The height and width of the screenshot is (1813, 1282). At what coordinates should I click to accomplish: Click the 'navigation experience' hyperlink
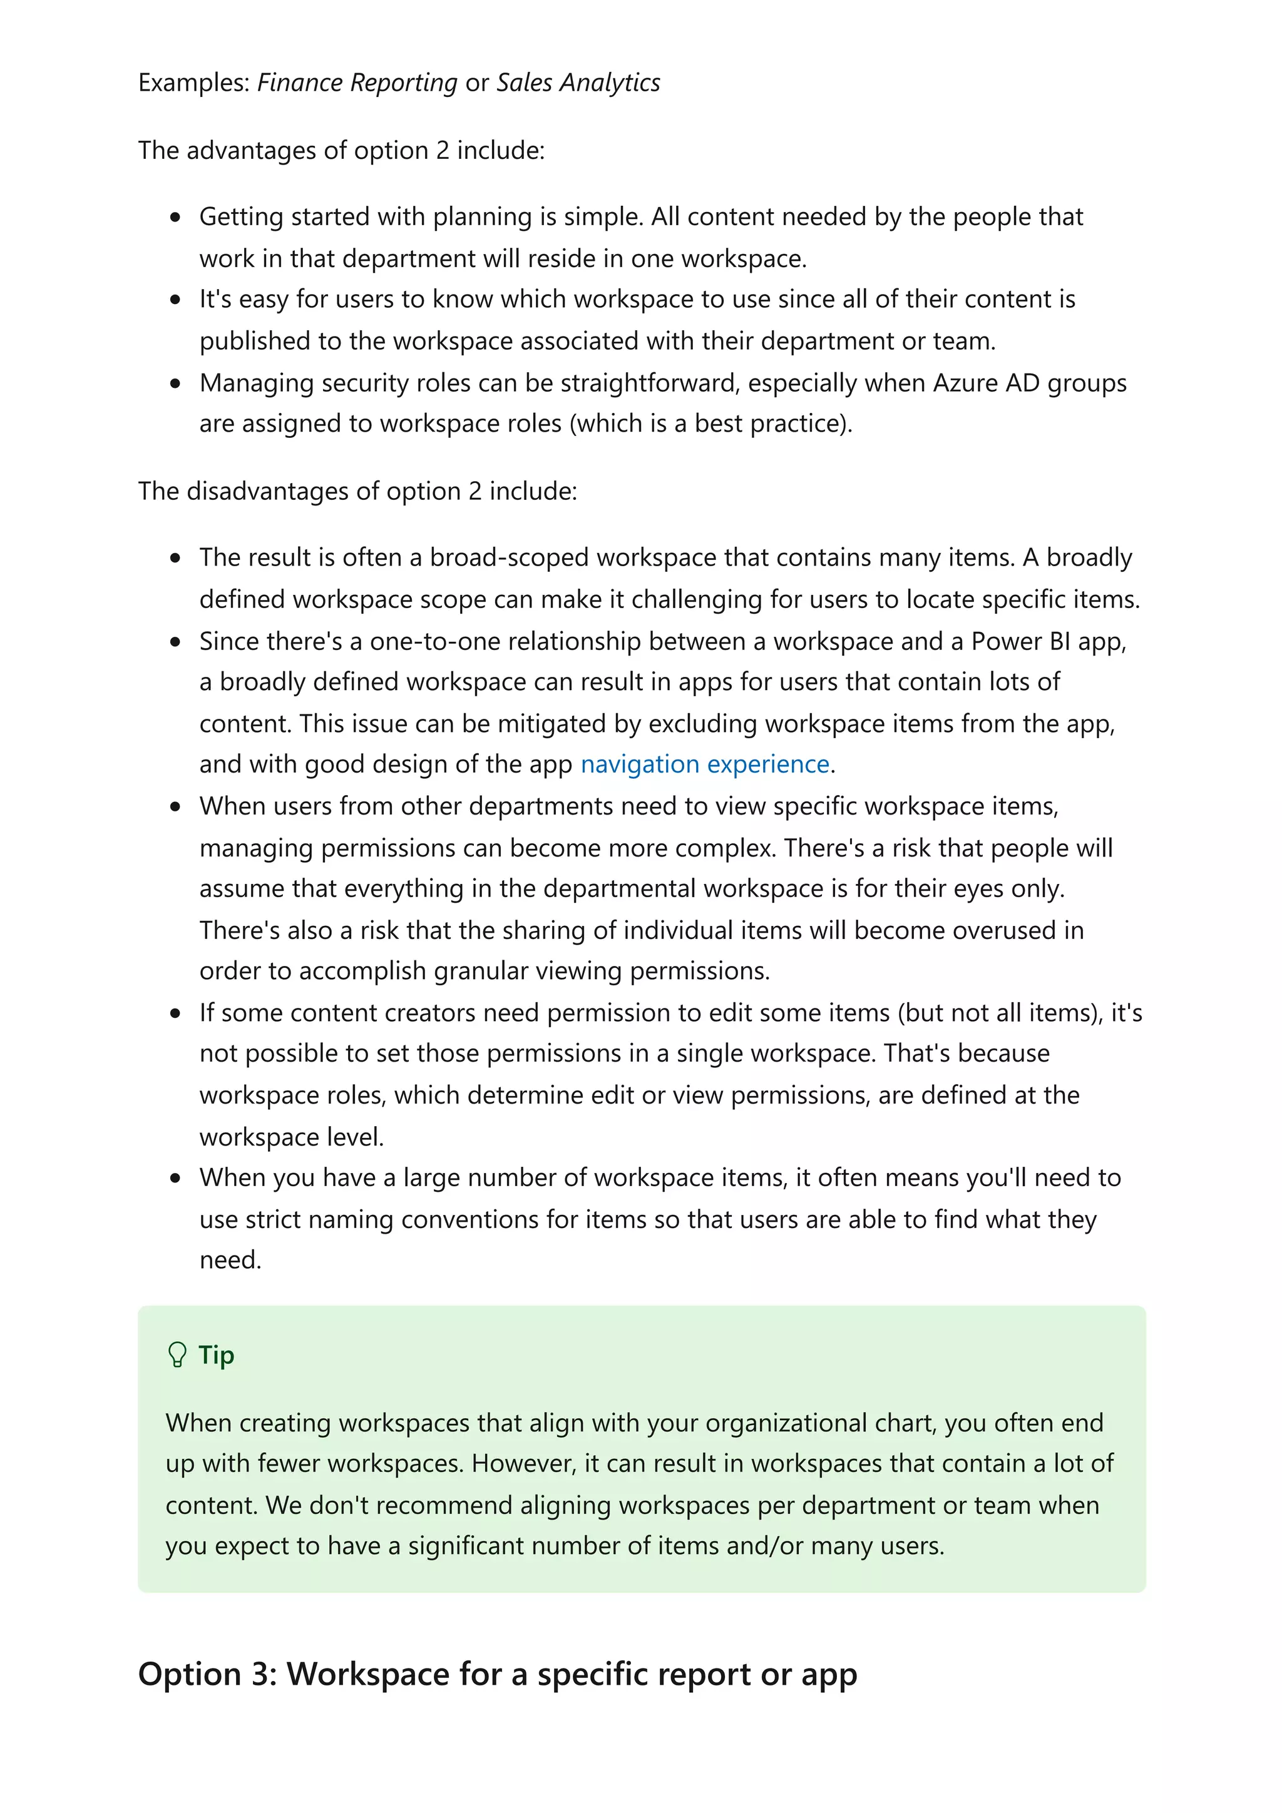705,764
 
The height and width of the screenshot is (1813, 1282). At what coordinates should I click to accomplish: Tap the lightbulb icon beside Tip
177,1355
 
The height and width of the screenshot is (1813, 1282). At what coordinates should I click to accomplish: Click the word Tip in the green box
217,1355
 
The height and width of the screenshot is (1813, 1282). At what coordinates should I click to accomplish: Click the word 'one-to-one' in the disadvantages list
434,641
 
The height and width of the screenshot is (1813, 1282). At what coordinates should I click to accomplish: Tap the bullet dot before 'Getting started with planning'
175,217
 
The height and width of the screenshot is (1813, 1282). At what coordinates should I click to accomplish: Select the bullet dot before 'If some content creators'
175,1013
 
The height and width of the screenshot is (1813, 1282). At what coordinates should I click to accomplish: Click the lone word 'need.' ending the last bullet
230,1259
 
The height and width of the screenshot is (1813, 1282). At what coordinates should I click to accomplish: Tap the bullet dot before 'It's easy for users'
175,299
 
